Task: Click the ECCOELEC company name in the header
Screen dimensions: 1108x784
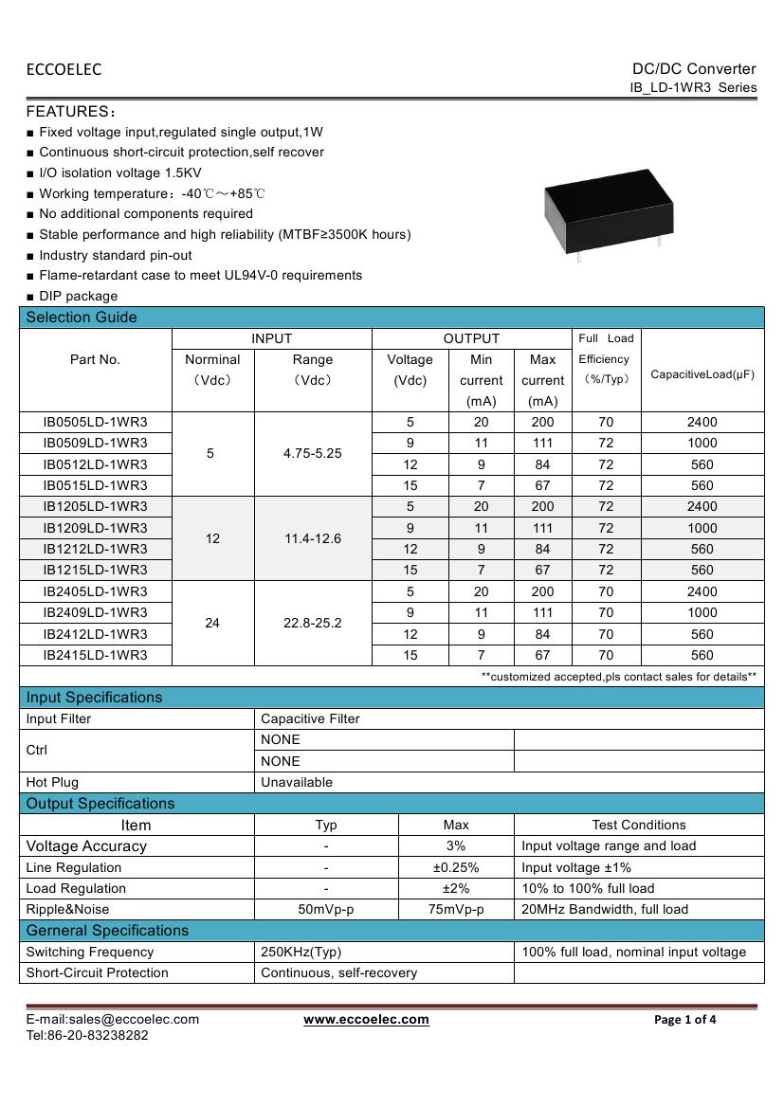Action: (64, 69)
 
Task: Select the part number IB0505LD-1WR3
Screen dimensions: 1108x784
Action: (95, 422)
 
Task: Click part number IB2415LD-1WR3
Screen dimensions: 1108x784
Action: (95, 655)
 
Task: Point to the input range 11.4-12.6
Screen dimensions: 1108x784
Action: (313, 538)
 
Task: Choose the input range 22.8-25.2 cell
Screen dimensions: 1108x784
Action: (313, 623)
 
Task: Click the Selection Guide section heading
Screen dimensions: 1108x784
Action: (82, 318)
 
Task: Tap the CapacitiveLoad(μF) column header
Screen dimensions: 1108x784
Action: (702, 374)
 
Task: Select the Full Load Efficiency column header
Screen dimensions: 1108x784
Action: (606, 358)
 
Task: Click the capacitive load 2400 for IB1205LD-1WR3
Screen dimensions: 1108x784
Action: (702, 506)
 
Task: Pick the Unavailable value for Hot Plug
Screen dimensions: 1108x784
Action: (297, 782)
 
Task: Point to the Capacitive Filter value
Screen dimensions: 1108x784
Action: (310, 718)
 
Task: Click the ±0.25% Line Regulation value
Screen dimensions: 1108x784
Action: (456, 867)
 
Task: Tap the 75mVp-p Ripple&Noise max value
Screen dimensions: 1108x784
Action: (456, 909)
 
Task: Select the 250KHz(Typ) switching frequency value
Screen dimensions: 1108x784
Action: (300, 952)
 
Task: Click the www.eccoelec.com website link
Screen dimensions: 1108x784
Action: (366, 1019)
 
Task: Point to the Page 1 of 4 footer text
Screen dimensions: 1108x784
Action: (685, 1020)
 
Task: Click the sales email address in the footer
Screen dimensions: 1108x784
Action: (112, 1019)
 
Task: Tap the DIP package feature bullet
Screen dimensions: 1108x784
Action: (78, 296)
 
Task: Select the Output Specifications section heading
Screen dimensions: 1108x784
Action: (100, 804)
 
